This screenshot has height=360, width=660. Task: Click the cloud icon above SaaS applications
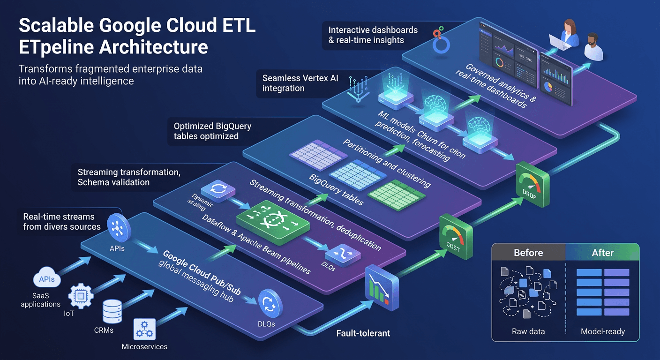point(47,279)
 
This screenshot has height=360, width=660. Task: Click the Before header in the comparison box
point(528,253)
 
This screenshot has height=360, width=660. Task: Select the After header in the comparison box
point(602,253)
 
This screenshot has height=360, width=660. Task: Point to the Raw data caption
point(528,331)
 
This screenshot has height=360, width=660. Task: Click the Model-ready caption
point(603,331)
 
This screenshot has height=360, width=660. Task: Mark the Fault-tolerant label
point(363,334)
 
